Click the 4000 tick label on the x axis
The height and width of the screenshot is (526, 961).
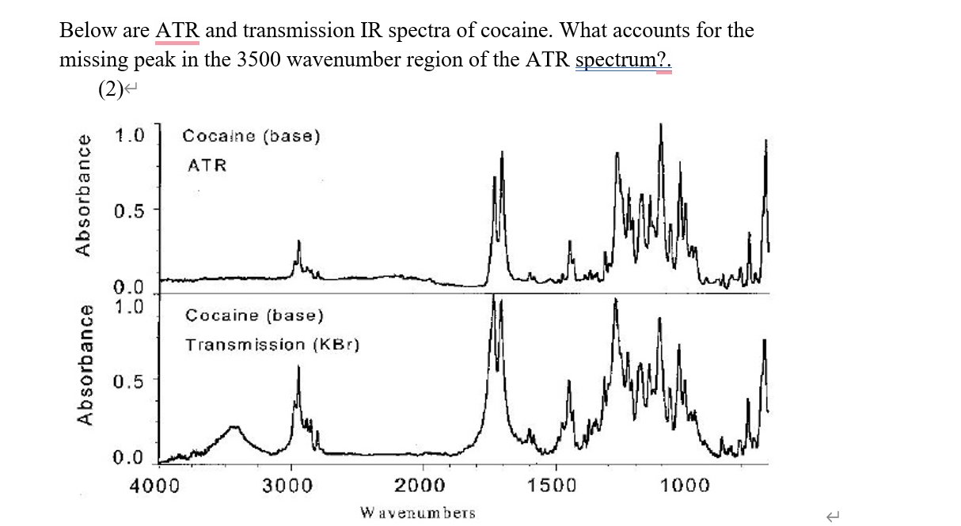pos(155,484)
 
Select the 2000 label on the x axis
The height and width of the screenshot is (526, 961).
pos(420,484)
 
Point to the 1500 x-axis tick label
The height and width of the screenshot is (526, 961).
pos(553,484)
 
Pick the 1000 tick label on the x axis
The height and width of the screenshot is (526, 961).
pos(686,484)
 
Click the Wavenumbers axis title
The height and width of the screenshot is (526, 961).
pos(418,513)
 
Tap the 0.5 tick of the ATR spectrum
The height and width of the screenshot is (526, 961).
pos(128,212)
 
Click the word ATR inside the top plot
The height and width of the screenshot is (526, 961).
pos(207,165)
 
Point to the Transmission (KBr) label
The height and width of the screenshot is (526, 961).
pos(272,345)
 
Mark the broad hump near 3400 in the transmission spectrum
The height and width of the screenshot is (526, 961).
pos(234,429)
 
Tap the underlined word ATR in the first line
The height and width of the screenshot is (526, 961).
pos(177,31)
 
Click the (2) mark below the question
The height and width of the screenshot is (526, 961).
pos(112,89)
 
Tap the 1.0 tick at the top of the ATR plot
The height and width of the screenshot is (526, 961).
pos(128,135)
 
